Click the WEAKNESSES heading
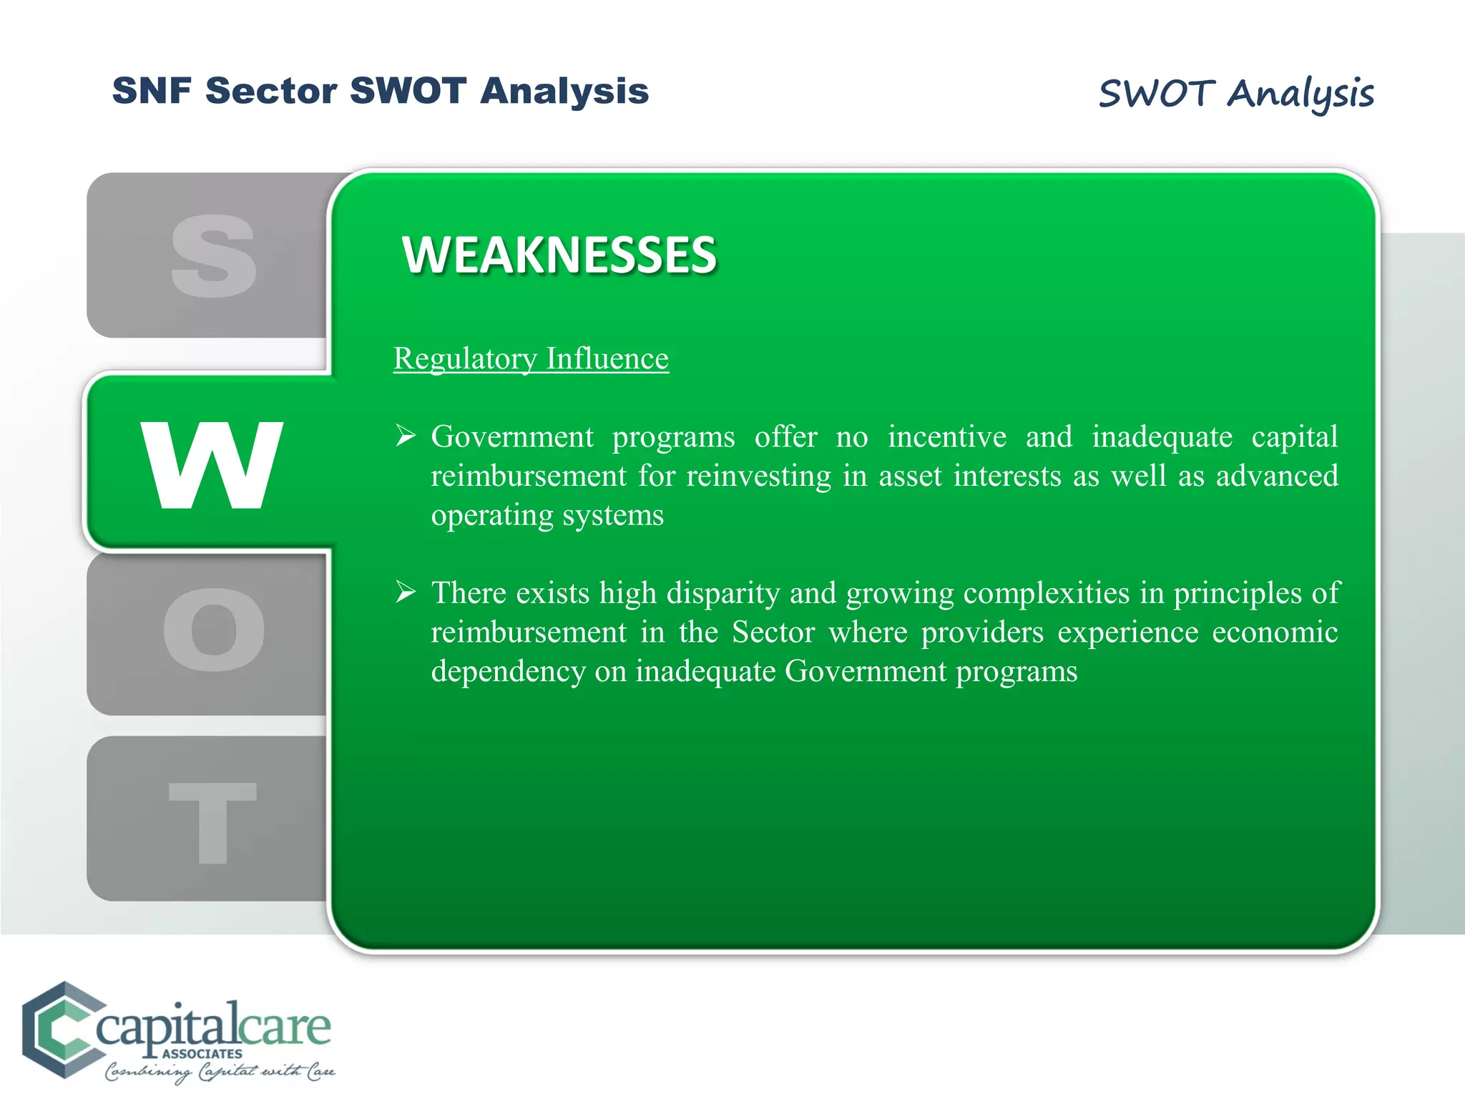[x=559, y=255]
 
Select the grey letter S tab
[x=213, y=255]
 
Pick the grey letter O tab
[x=213, y=630]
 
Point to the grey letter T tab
[x=212, y=822]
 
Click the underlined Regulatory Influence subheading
[x=531, y=358]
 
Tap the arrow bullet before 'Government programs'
[x=406, y=435]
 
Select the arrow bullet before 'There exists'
[x=406, y=592]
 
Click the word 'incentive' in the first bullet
[x=947, y=436]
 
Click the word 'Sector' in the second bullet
[x=773, y=632]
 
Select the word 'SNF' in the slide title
[x=152, y=91]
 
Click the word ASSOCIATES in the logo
[x=202, y=1054]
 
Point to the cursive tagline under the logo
[x=220, y=1072]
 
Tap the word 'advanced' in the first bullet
[x=1277, y=476]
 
